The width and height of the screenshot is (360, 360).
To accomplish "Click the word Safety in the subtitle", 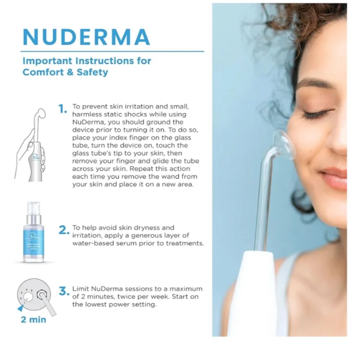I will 92,72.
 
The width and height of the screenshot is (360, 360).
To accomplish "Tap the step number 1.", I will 63,109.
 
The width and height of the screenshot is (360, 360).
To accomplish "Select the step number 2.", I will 64,230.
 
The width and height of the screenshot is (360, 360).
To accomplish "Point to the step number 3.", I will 64,291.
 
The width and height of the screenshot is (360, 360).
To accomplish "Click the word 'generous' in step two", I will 160,235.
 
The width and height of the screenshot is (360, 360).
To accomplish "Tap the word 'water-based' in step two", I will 90,243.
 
